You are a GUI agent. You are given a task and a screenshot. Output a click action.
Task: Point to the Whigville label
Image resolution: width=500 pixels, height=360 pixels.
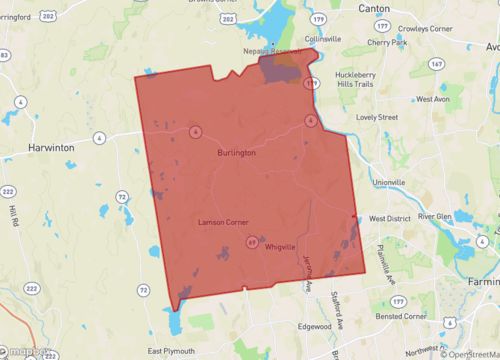point(281,246)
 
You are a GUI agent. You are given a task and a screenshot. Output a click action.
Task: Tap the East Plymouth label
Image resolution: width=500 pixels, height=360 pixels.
point(170,350)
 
